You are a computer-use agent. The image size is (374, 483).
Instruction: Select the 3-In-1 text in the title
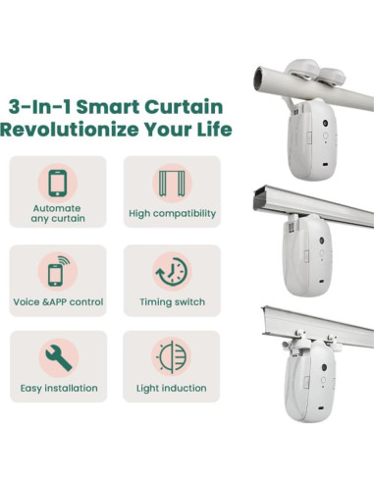coord(38,107)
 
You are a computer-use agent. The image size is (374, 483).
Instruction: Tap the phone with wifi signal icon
coord(58,271)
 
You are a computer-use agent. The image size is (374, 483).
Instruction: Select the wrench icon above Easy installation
coord(58,358)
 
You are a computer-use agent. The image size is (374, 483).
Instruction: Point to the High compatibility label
coord(171,213)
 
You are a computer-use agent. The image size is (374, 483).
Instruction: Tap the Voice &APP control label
coord(58,301)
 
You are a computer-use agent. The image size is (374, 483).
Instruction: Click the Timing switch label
coord(171,301)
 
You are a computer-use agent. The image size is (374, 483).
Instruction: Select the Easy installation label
coord(58,388)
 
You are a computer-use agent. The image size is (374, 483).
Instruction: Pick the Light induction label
coord(171,388)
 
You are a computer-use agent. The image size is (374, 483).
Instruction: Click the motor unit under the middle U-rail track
coord(312,258)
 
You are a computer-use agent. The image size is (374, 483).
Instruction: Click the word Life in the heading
coord(209,130)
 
